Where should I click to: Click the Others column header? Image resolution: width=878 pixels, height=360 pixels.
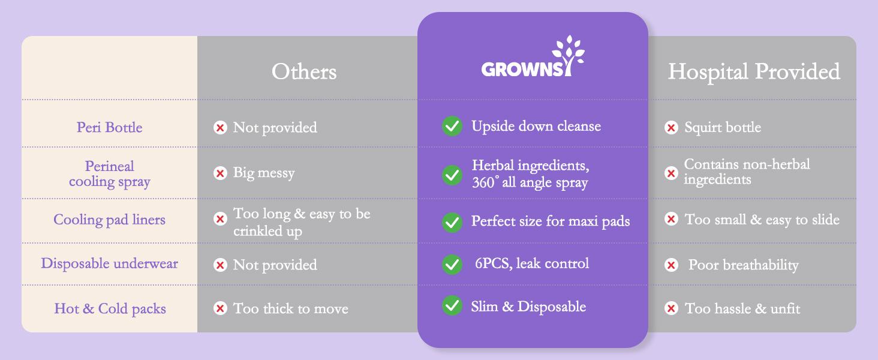point(304,72)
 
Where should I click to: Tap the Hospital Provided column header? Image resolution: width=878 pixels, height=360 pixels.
point(754,72)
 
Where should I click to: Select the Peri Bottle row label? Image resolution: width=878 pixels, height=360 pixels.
point(109,127)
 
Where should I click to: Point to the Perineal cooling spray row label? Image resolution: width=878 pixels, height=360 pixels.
point(109,173)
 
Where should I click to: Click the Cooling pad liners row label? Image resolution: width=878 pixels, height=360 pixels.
point(109,220)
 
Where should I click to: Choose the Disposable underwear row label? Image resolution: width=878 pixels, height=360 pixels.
point(109,263)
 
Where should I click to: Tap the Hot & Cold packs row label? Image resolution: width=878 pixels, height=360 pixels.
point(110,308)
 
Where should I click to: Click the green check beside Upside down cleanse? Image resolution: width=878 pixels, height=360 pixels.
point(452,127)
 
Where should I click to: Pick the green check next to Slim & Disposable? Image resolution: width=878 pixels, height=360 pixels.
point(452,306)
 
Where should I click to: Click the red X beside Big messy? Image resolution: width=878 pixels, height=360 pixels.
point(220,173)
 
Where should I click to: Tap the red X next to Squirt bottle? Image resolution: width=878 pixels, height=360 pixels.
point(671,127)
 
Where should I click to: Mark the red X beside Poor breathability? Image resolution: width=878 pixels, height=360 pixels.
point(671,265)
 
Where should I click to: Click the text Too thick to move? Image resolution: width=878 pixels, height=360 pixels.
point(290,308)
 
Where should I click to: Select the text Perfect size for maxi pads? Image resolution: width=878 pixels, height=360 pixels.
point(550,221)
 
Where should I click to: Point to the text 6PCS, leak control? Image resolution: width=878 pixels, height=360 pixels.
point(531,263)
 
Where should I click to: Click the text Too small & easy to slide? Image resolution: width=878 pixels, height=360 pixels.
point(762,220)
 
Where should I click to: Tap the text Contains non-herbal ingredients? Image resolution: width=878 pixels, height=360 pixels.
point(747,172)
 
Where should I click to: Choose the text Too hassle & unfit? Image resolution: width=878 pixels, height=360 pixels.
point(742,308)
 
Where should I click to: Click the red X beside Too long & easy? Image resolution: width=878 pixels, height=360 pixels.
point(220,219)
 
